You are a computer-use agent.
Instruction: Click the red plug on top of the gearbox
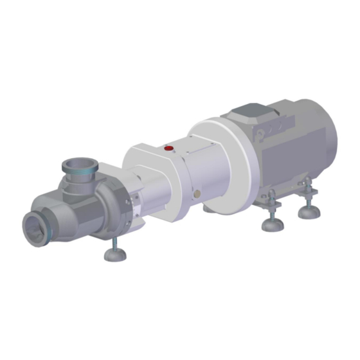[x=169, y=148]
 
